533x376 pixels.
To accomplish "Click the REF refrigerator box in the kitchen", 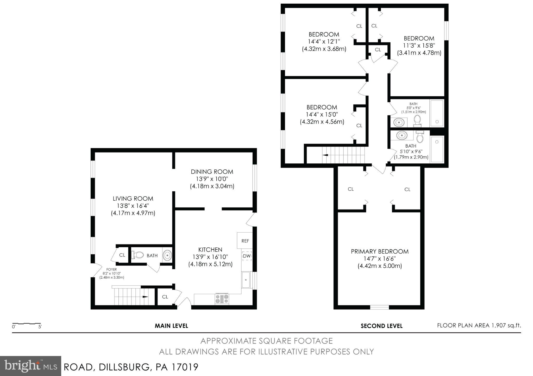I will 245,241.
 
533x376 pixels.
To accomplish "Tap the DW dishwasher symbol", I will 247,256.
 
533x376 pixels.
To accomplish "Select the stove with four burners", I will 222,299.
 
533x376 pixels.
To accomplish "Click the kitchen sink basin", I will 246,280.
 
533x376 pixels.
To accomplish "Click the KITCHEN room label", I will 210,250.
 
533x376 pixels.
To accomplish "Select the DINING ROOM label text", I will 212,172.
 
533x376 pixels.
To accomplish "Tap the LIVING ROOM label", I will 133,199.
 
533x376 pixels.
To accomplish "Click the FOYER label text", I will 111,269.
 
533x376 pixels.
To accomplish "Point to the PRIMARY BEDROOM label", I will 380,252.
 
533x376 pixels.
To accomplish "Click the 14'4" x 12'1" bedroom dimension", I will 324,42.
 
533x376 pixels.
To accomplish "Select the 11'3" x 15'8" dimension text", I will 419,46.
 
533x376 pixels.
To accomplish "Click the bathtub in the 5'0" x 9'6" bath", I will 437,113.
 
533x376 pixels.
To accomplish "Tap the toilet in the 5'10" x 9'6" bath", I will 420,136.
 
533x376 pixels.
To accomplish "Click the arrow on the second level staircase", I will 325,155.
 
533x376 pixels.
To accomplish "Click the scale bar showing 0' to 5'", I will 27,325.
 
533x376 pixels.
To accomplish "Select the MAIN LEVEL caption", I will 171,326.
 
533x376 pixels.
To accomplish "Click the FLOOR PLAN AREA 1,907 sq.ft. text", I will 479,325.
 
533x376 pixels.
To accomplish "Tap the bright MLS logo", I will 30,366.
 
